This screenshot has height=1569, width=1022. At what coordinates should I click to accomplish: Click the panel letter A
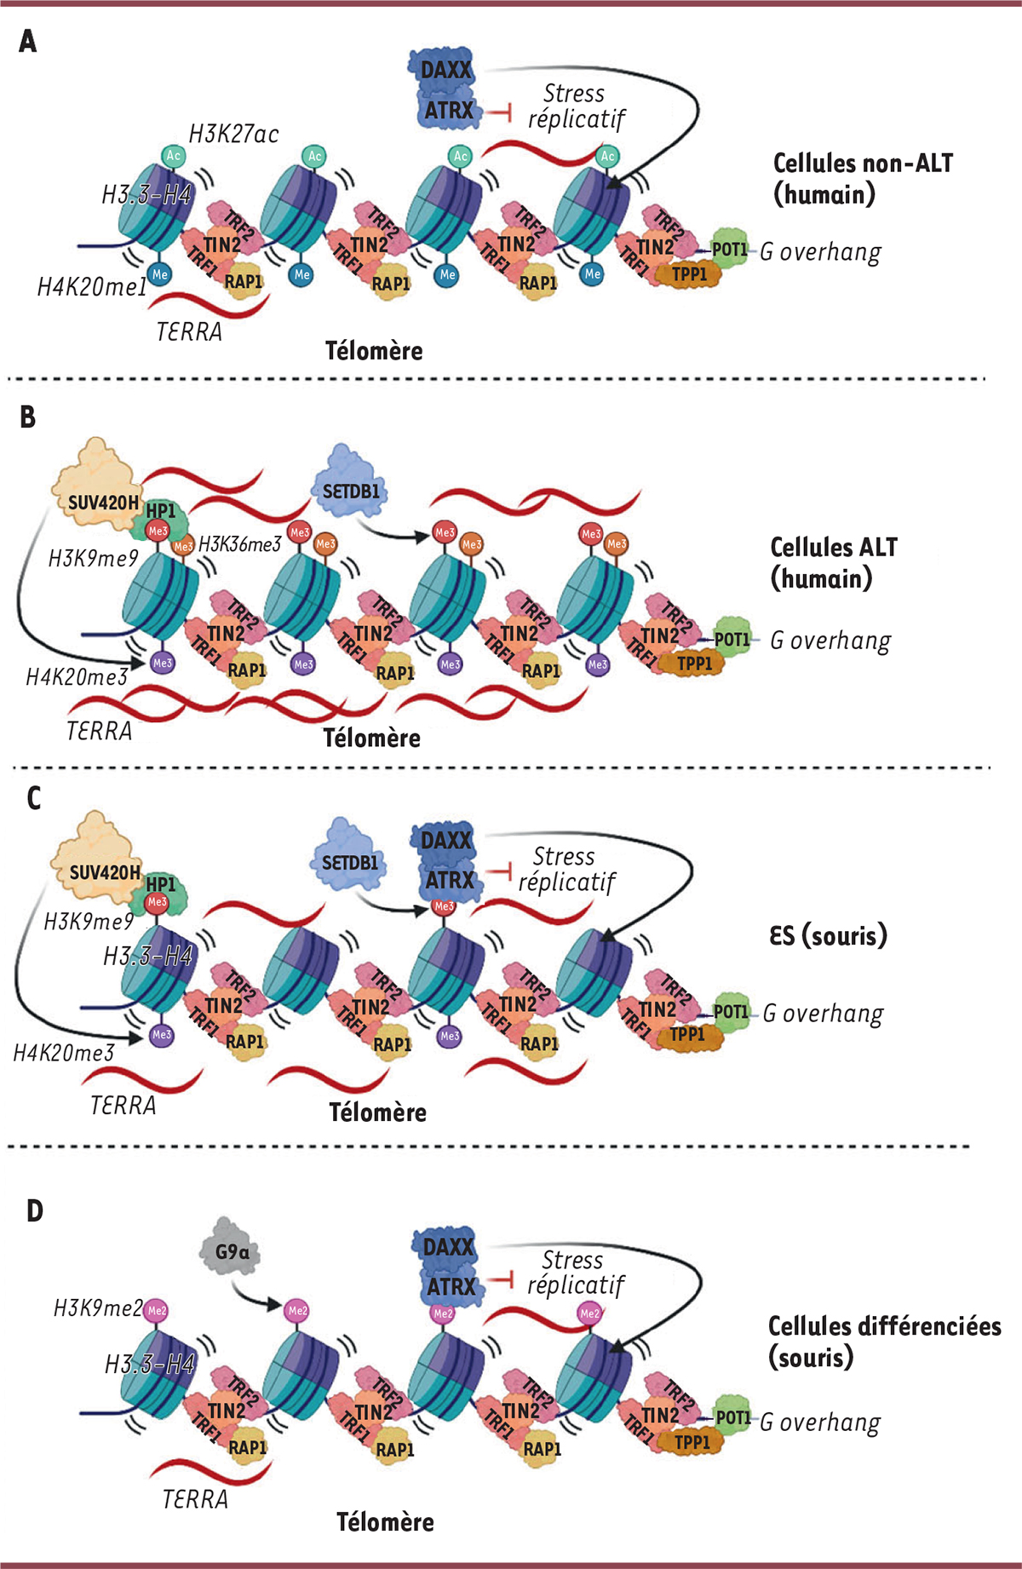(x=28, y=41)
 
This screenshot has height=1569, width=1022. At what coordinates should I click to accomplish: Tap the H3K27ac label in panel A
(x=233, y=134)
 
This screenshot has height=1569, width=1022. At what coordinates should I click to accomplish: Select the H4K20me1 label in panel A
(x=91, y=288)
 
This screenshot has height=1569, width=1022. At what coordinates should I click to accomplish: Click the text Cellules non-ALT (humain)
(x=862, y=179)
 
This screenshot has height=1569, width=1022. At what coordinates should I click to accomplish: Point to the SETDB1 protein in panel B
(x=350, y=490)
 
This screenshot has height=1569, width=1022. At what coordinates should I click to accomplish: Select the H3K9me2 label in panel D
(x=97, y=1308)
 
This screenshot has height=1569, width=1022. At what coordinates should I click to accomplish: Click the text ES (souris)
(x=828, y=935)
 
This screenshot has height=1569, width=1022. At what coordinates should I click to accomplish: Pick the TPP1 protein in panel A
(x=689, y=274)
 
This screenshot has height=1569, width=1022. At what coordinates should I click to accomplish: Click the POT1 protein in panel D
(x=732, y=1417)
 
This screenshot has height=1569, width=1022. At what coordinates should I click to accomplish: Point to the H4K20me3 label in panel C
(x=63, y=1053)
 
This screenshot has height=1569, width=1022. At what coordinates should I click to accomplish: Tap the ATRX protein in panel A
(x=449, y=111)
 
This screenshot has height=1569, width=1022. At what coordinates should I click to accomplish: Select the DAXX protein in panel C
(x=445, y=841)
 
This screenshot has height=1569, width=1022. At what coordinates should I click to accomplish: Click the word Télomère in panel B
(x=371, y=738)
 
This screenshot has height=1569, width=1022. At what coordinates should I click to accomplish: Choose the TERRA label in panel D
(x=195, y=1499)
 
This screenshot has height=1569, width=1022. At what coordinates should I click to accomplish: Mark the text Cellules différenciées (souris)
(x=883, y=1341)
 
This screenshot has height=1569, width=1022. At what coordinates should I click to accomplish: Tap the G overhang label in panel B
(x=830, y=641)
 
